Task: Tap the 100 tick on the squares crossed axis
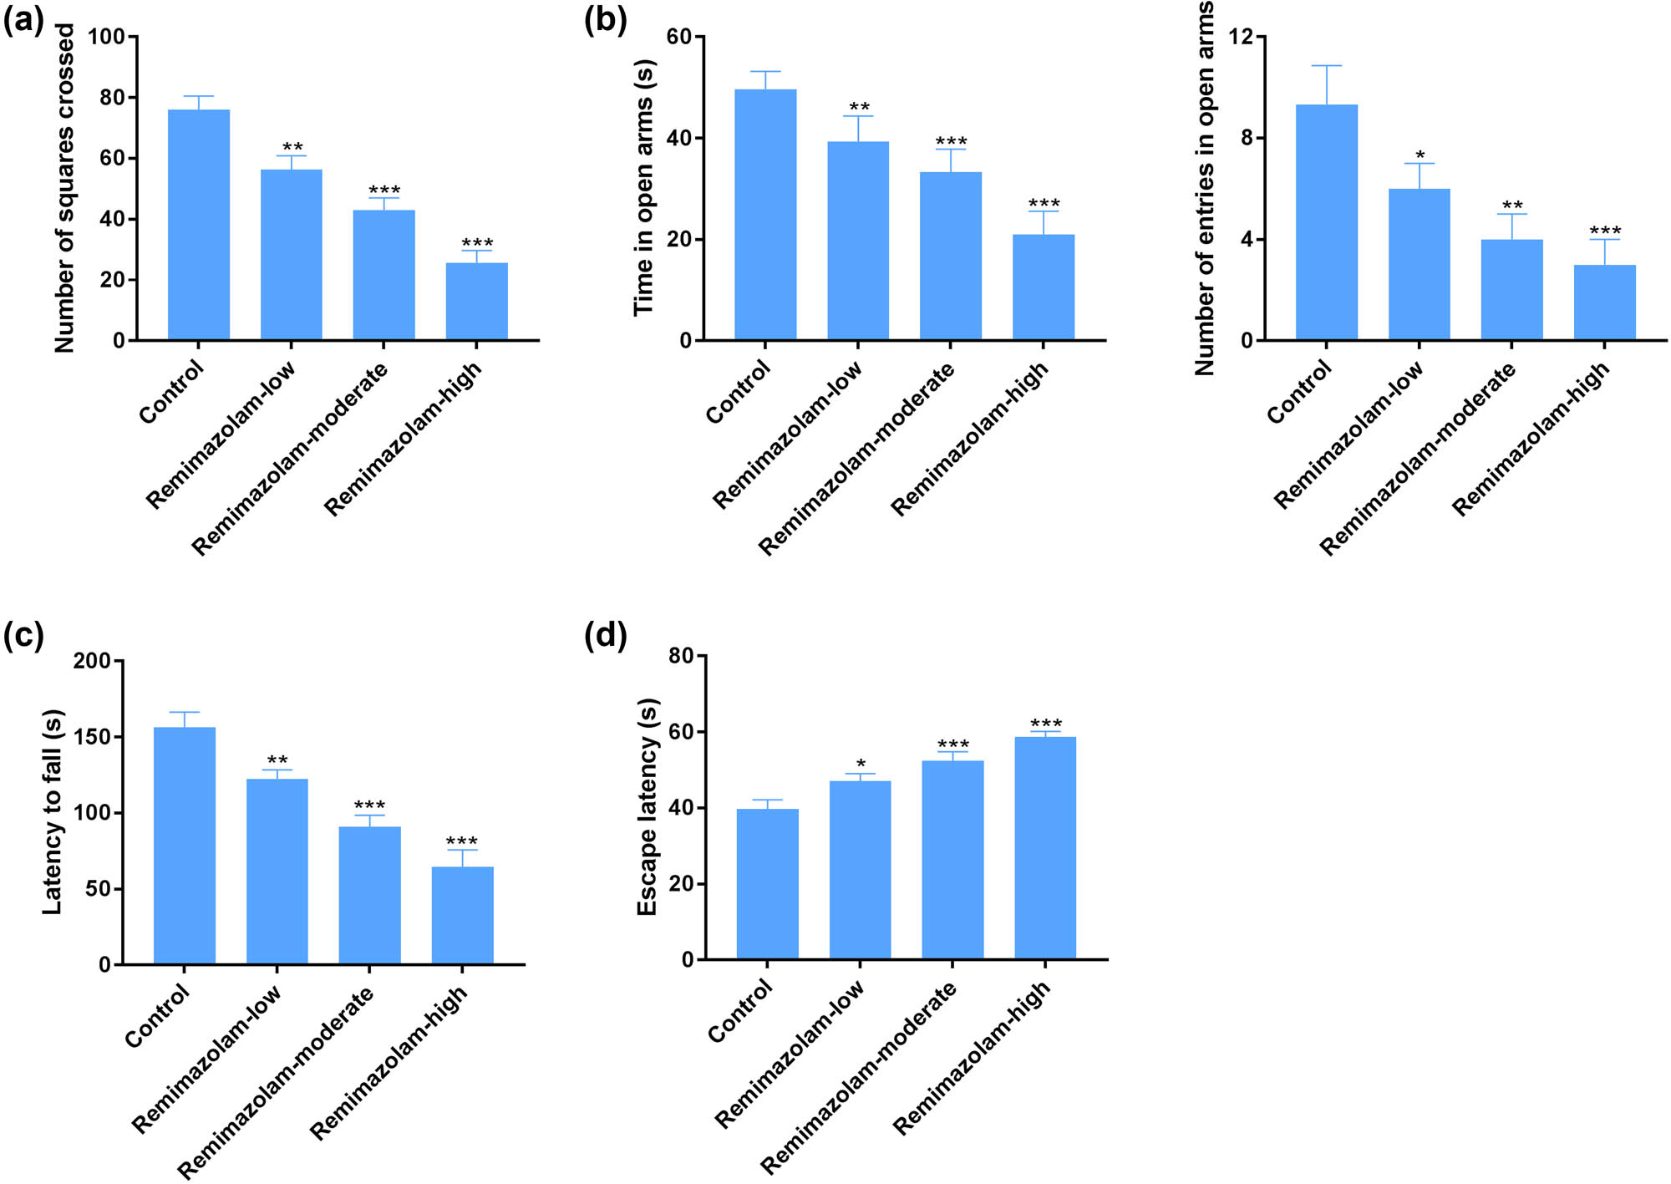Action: click(106, 37)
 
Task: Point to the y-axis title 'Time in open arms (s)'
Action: click(643, 188)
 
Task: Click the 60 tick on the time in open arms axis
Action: click(678, 37)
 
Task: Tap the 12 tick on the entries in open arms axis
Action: click(1242, 37)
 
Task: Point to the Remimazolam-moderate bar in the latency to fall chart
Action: click(369, 895)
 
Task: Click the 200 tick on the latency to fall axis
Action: click(92, 661)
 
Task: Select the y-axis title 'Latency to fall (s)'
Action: click(52, 812)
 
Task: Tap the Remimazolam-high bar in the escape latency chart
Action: click(1044, 847)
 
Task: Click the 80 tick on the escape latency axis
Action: click(681, 656)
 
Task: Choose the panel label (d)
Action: click(606, 636)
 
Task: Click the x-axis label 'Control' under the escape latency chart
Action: click(740, 1011)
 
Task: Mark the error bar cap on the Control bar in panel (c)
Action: click(185, 712)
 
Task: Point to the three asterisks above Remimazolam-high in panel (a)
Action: click(477, 243)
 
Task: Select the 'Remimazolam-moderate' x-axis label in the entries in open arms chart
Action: click(1419, 459)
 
